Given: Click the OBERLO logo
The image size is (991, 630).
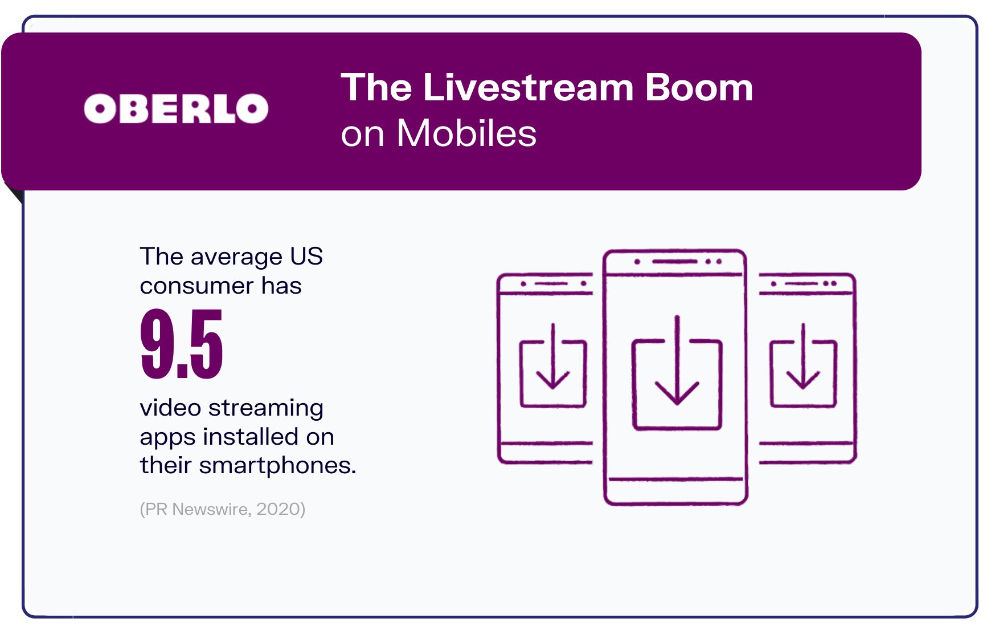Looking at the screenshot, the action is pos(176,108).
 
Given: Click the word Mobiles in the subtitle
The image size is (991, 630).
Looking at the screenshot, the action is pos(466,133).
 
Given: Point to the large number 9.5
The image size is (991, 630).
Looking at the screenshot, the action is pos(182,343).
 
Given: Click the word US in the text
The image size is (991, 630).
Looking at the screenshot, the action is pos(306,257).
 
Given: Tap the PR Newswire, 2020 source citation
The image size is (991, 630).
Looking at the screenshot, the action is pos(223,509).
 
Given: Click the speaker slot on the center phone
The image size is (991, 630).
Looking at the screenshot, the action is pos(675,262).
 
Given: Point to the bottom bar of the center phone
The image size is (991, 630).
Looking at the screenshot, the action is pos(676,479).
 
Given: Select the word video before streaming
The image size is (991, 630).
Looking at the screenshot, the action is pos(170,408).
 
